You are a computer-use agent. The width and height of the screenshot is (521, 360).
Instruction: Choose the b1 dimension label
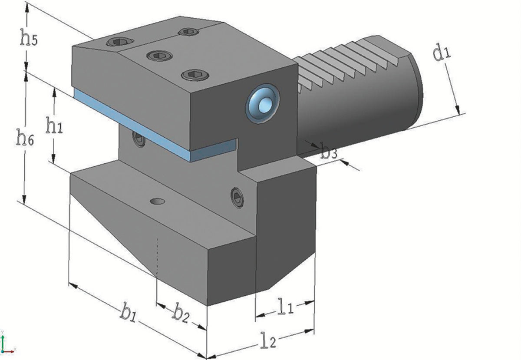coord(128,313)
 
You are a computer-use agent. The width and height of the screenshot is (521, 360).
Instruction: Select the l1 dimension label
coord(286,306)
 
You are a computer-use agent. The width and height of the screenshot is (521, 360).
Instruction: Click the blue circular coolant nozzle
coord(262,102)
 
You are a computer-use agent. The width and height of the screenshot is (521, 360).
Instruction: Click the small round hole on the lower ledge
coord(157,201)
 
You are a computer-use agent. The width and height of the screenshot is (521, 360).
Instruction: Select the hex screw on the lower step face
coord(237,198)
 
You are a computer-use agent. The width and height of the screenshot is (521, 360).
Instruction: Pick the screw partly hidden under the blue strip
coord(139,139)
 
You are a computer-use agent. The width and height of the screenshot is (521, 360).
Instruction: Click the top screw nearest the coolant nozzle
coord(195,75)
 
